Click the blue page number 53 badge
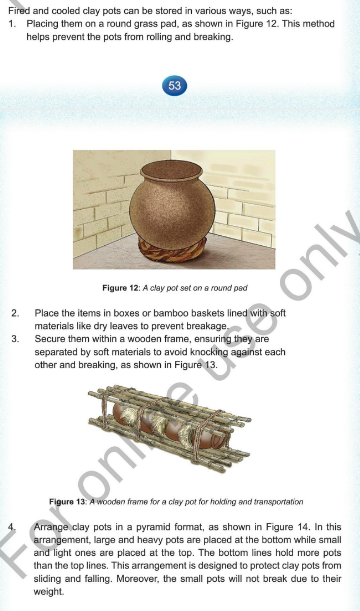pos(175,85)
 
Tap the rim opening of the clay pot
pos(172,170)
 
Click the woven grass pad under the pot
pos(172,250)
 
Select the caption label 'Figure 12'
pos(120,288)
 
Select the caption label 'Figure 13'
pos(67,502)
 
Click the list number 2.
pos(15,313)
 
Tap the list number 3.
pos(15,339)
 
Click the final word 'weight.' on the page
pos(49,592)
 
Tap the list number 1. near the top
pos(12,24)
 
